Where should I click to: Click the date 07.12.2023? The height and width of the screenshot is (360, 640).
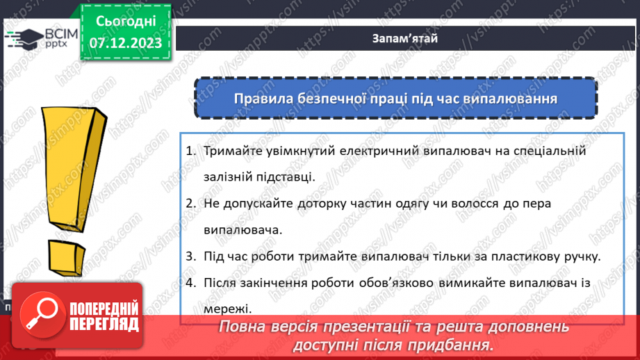pyautogui.click(x=125, y=43)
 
